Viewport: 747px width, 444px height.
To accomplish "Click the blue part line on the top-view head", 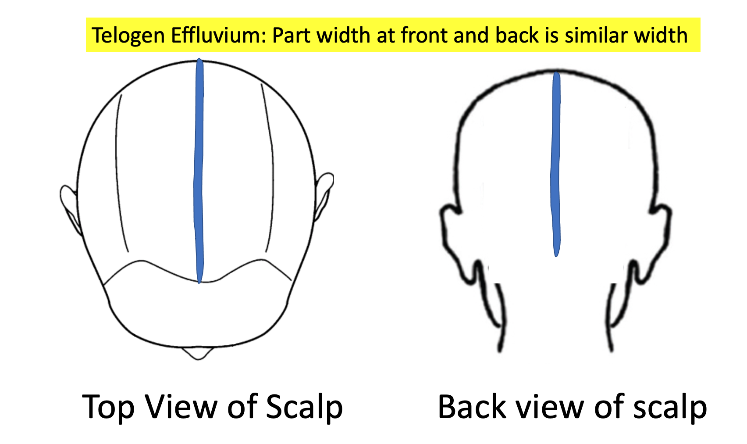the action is click(199, 171).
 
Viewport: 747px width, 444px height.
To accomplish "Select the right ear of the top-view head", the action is click(324, 193).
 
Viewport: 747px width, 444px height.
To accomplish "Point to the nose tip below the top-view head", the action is click(198, 353).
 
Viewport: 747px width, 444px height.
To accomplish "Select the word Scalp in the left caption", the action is click(304, 407).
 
